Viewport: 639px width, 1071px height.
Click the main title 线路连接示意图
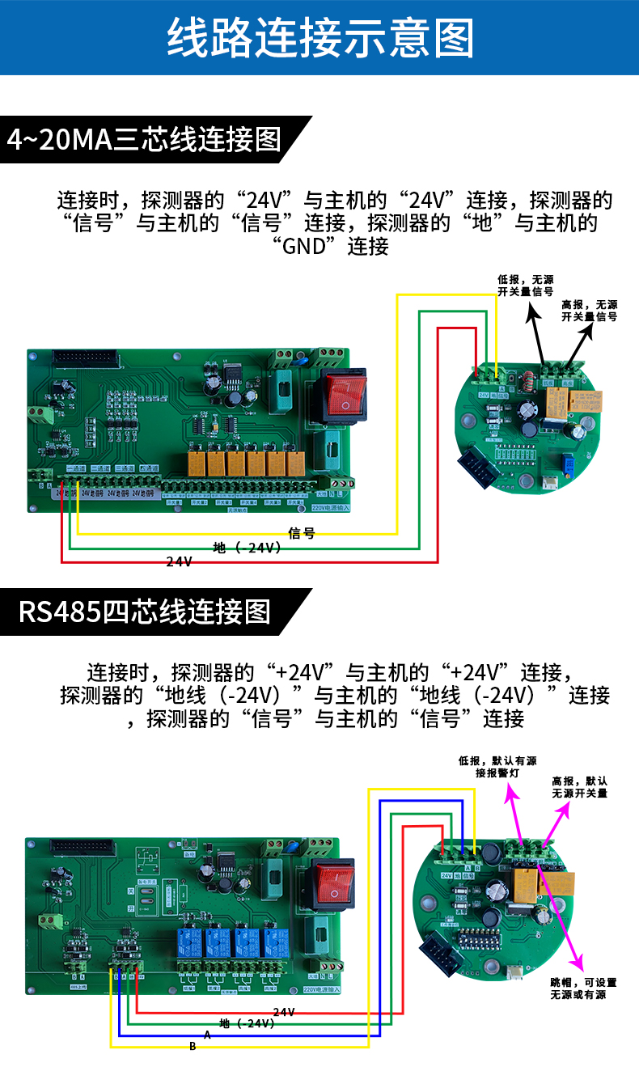tap(319, 38)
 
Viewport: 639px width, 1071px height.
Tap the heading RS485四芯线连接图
tap(145, 611)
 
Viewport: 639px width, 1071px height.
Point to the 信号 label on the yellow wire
tap(302, 533)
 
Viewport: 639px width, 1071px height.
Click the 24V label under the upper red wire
tap(180, 561)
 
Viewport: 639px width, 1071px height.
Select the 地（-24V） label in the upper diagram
tap(248, 548)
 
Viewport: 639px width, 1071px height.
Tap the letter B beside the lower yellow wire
tap(193, 1047)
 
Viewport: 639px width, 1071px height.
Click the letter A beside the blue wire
tap(207, 1035)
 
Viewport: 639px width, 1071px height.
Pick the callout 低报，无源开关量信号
tap(525, 286)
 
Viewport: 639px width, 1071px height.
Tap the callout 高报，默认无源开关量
tap(579, 787)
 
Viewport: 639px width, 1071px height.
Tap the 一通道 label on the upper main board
tap(76, 469)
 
